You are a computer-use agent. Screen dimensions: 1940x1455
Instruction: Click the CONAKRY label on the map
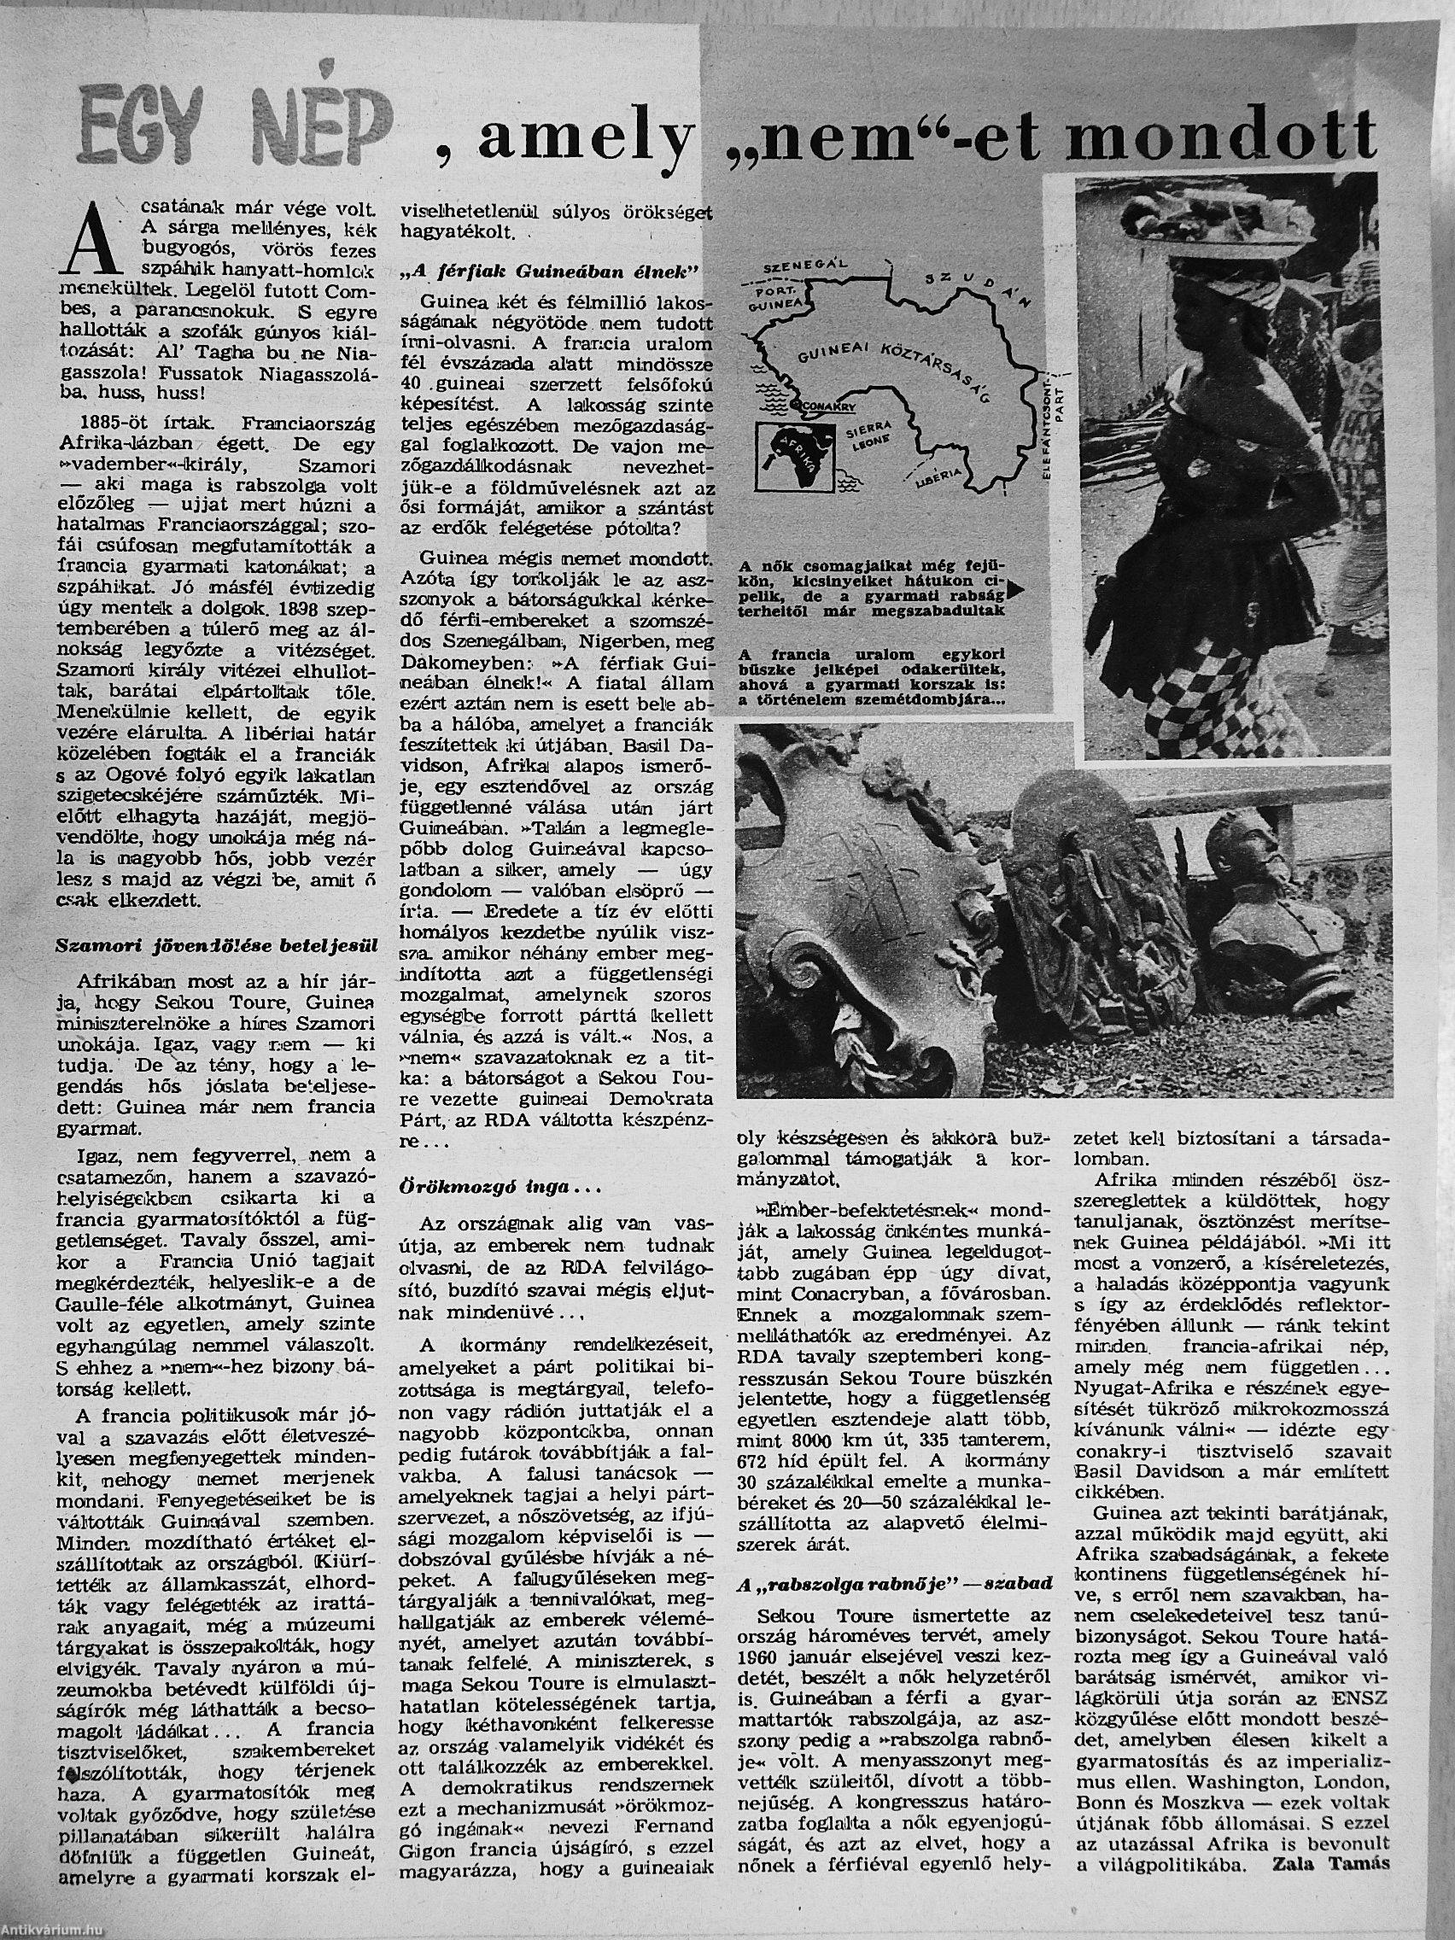[x=831, y=406]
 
